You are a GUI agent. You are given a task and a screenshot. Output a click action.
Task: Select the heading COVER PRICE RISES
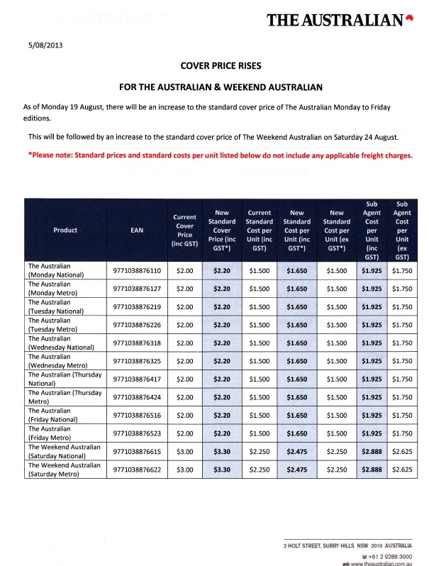click(x=221, y=66)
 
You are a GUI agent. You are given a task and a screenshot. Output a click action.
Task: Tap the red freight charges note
click(x=220, y=155)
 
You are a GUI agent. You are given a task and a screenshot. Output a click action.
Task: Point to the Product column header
click(x=65, y=230)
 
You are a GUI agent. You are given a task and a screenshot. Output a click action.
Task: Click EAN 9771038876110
click(x=137, y=270)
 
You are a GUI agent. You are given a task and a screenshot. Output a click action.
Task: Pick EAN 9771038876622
click(x=137, y=469)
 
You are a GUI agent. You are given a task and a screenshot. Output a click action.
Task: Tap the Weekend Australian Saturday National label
click(x=63, y=450)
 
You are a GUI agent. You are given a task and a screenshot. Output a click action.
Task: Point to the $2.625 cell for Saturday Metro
click(x=401, y=469)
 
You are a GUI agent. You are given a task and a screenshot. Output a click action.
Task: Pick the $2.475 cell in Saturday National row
click(x=296, y=450)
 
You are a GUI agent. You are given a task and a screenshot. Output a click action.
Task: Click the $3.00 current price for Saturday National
click(x=184, y=450)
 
